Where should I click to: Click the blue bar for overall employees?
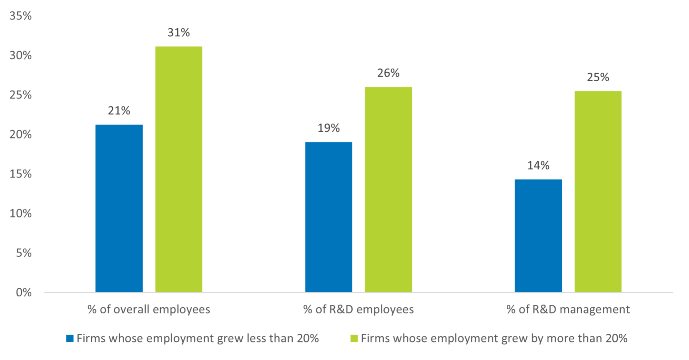click(x=119, y=208)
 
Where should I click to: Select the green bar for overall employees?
click(x=179, y=169)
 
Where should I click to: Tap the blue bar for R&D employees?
click(x=328, y=217)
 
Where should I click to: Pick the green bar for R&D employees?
click(x=388, y=189)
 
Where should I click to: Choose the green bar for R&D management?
click(x=598, y=191)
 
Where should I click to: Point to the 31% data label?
click(x=179, y=33)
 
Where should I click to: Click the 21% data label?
click(x=119, y=111)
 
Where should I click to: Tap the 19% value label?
click(x=328, y=128)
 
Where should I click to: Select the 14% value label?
click(x=538, y=166)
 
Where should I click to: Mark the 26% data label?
click(x=388, y=73)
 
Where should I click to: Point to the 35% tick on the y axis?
click(x=21, y=16)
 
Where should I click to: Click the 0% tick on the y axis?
click(x=23, y=293)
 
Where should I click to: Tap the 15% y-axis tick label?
click(x=21, y=174)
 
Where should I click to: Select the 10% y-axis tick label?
click(x=21, y=214)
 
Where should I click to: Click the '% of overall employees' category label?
click(x=149, y=310)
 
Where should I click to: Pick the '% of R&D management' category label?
click(x=568, y=310)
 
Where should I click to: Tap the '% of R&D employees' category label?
click(x=358, y=310)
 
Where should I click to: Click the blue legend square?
click(x=70, y=339)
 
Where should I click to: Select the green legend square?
click(x=354, y=339)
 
